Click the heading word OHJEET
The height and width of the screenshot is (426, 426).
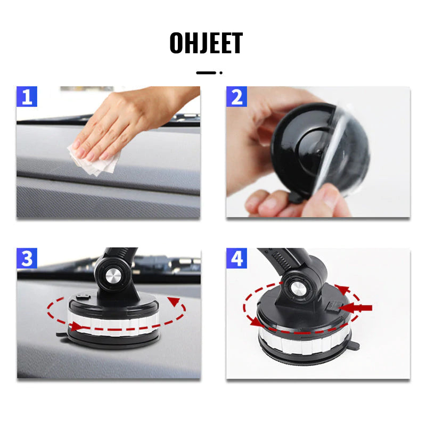206,43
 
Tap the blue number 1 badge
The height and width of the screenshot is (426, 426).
27,97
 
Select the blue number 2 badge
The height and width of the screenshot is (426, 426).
236,97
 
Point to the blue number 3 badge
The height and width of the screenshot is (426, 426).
27,258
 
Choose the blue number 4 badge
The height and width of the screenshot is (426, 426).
236,258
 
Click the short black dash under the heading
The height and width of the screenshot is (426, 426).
206,73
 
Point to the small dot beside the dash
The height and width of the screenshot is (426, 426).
221,73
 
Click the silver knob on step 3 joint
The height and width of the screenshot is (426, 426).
113,276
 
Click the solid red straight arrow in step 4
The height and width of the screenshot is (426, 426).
355,308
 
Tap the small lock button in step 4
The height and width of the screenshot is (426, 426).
332,306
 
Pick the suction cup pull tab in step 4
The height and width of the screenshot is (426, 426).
355,346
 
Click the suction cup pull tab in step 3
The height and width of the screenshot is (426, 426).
61,334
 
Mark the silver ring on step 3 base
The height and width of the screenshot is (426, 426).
113,323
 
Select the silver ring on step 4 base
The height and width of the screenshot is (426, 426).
304,341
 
